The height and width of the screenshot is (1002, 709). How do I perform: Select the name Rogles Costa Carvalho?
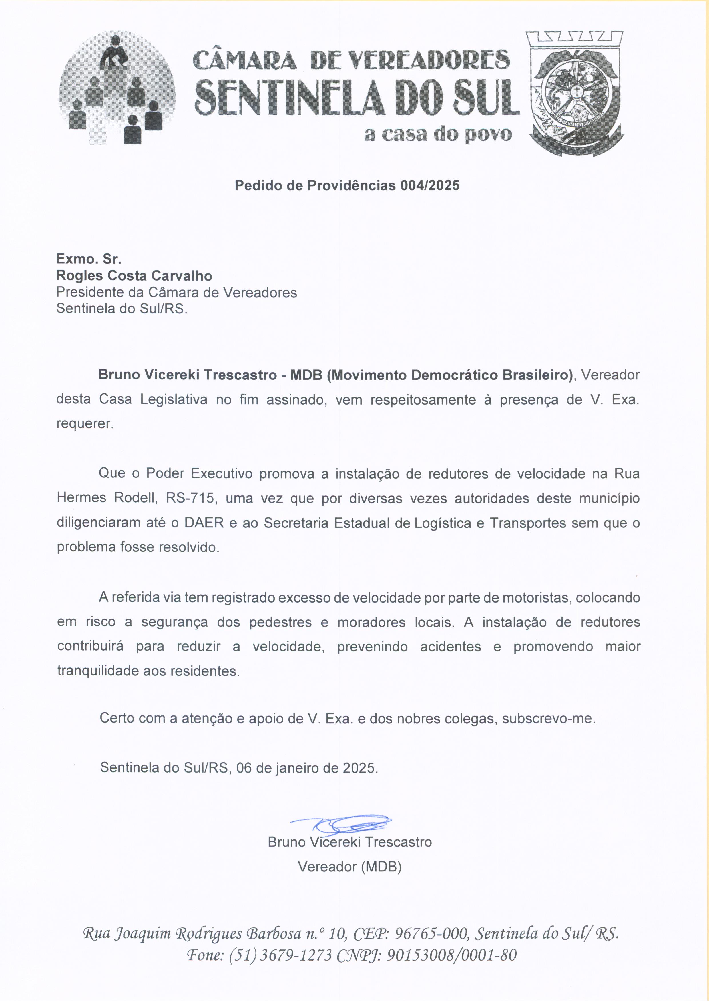[x=134, y=276]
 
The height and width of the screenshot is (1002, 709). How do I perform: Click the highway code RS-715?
[x=191, y=498]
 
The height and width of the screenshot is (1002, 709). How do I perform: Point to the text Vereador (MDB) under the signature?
[x=349, y=866]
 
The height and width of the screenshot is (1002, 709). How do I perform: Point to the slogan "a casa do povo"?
[x=438, y=133]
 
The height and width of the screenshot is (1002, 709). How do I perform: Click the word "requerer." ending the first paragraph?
[x=85, y=424]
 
